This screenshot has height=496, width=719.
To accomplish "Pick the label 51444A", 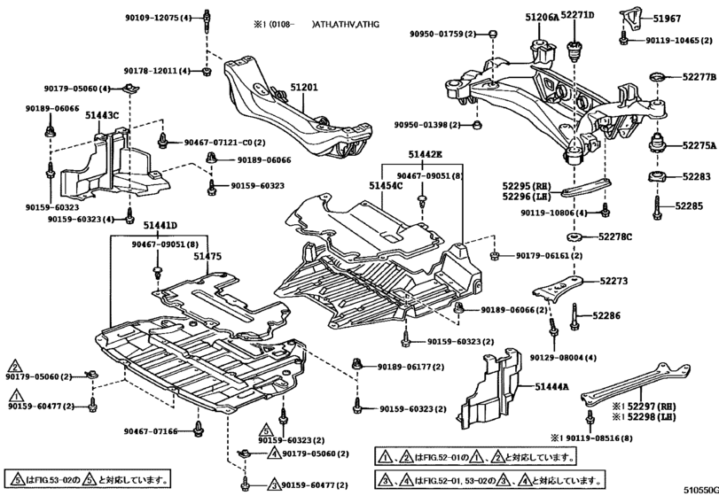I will [x=552, y=387].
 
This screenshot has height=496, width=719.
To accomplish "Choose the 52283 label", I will [x=696, y=177].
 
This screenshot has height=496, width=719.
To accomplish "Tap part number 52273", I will [x=613, y=281].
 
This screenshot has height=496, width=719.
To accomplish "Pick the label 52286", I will [x=608, y=314].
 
